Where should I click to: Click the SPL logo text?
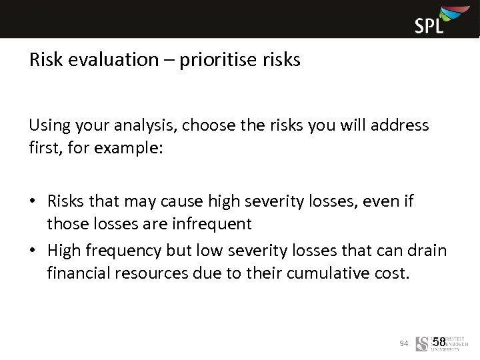click(429, 25)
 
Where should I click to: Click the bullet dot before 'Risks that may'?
click(33, 201)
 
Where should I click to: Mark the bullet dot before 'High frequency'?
click(33, 251)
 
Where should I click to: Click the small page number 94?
click(403, 343)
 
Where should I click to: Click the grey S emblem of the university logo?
click(421, 344)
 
